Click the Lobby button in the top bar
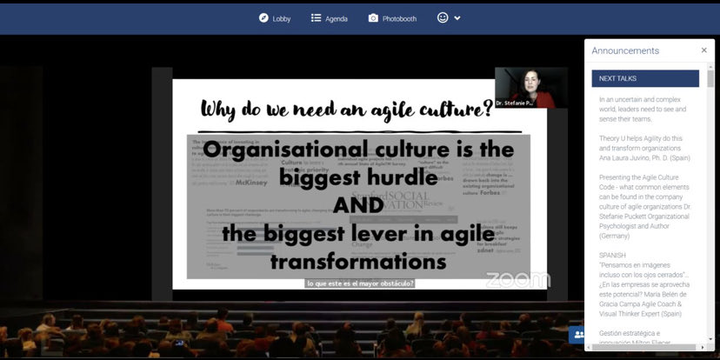[x=275, y=18]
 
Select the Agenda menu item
[x=330, y=18]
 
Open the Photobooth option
[x=392, y=18]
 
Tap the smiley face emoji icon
[x=443, y=17]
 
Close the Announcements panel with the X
[x=704, y=50]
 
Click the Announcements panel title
[x=625, y=50]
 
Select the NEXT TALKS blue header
[x=645, y=78]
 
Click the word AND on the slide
[x=358, y=205]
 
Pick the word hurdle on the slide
[x=396, y=177]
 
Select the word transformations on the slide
[x=358, y=261]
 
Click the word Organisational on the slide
[x=287, y=149]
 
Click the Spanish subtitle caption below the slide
[x=359, y=283]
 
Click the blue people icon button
[x=577, y=334]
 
